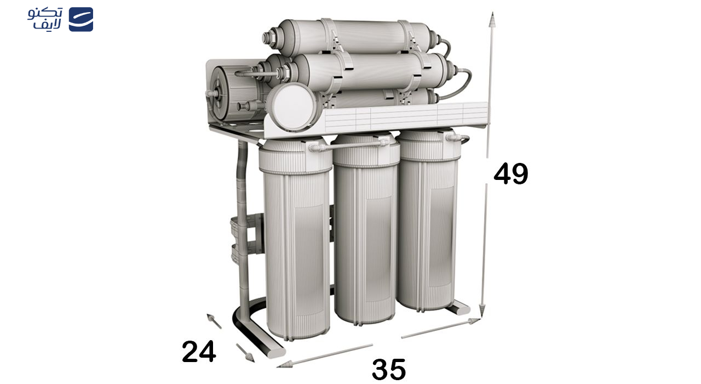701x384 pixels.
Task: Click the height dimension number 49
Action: click(x=510, y=174)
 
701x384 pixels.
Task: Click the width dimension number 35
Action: click(x=389, y=369)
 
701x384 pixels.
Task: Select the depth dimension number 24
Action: click(x=199, y=352)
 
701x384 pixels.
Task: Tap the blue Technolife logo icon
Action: click(x=81, y=19)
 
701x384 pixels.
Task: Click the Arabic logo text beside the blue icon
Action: click(x=45, y=19)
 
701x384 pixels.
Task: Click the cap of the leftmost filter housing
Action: click(x=295, y=156)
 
